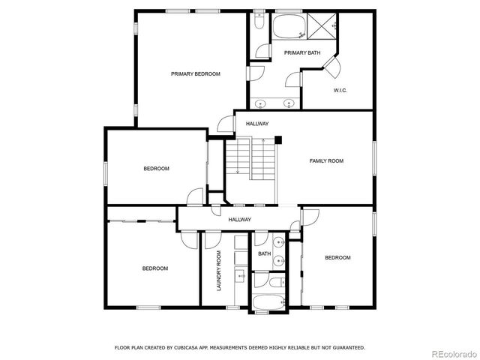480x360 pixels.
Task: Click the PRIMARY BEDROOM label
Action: pyautogui.click(x=195, y=73)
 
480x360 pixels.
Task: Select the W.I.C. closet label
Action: pyautogui.click(x=340, y=91)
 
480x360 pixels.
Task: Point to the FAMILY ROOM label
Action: pyautogui.click(x=326, y=160)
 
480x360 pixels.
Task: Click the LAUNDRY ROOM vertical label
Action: pyautogui.click(x=219, y=270)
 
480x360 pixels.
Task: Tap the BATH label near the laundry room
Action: pyautogui.click(x=264, y=253)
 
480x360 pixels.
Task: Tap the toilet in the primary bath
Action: pyautogui.click(x=259, y=23)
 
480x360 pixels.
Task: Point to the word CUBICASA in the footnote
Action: pyautogui.click(x=190, y=347)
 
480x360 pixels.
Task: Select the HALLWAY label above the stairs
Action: pyautogui.click(x=257, y=123)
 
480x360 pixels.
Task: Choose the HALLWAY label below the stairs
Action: pyautogui.click(x=240, y=219)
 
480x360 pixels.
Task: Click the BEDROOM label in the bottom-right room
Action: pyautogui.click(x=337, y=258)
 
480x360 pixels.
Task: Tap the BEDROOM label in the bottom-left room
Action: pyautogui.click(x=155, y=268)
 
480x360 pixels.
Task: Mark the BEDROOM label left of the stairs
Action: pyautogui.click(x=156, y=168)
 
